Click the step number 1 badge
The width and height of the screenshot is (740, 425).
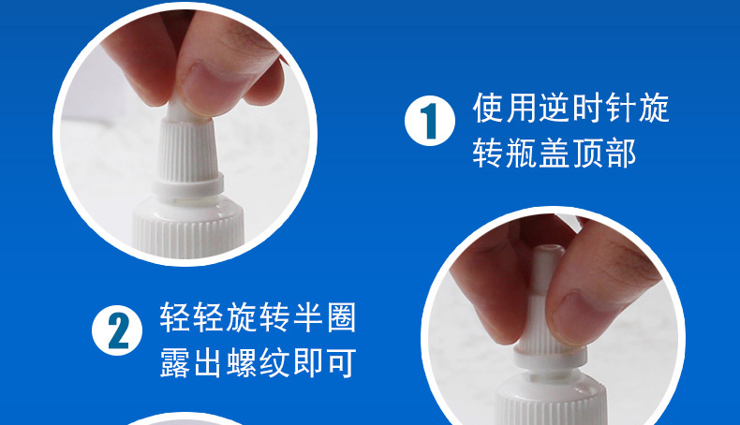coord(429,120)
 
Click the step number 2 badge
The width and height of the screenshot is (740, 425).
coord(117,330)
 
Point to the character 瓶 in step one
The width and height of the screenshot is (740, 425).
coord(522,153)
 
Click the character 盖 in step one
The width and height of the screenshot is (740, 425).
coord(555,153)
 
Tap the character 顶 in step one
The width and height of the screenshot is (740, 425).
coord(587,153)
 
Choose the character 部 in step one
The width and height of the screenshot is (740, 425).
coord(621,153)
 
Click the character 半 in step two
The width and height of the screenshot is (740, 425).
coord(307,316)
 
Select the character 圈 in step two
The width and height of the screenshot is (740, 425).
coord(341,316)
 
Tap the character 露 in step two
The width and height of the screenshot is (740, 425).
coord(175,362)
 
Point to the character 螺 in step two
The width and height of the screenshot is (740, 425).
coord(242,362)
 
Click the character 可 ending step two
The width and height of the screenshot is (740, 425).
coord(341,362)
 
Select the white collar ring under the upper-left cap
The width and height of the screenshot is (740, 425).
coord(188,185)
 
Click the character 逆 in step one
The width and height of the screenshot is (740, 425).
coord(555,108)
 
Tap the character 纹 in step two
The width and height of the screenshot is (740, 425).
coord(274,362)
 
